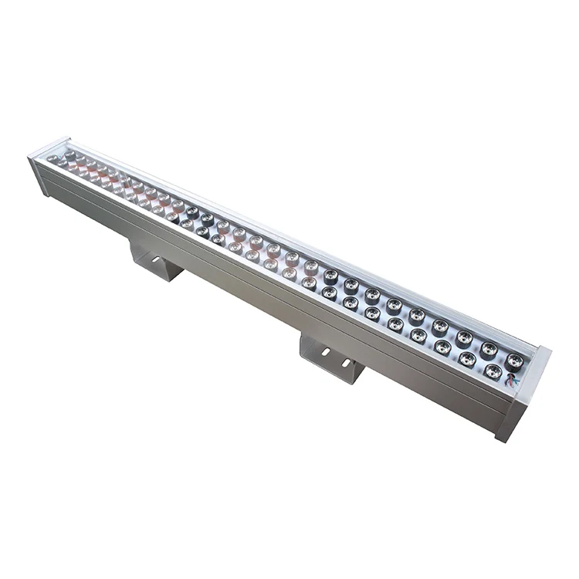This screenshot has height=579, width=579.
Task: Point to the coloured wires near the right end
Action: click(x=510, y=380)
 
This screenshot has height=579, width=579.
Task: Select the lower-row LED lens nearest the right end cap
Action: click(x=493, y=371)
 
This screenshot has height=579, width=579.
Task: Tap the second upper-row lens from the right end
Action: click(x=488, y=348)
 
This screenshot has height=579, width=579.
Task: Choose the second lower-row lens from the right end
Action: click(x=468, y=358)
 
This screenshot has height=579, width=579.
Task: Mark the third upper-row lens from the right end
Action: click(x=464, y=337)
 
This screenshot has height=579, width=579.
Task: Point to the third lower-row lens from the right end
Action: click(x=442, y=347)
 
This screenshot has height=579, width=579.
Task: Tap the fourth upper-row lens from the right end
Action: click(x=440, y=326)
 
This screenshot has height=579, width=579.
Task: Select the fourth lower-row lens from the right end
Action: click(x=419, y=335)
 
